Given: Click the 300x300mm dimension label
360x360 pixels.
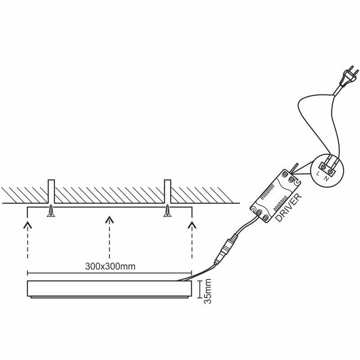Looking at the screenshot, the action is point(110,266).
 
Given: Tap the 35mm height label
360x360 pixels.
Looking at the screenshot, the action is point(207,291).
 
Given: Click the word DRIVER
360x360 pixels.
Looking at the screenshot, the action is point(288,207).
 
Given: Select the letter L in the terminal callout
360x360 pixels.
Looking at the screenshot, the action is point(318,173).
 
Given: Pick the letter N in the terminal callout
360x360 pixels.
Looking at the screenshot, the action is point(326,178).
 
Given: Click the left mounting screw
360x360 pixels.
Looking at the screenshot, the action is point(51,211).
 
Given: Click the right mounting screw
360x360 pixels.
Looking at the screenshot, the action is point(167,211).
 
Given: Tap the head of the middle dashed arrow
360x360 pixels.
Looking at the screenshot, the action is point(109,220).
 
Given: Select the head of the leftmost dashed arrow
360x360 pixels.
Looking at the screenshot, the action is point(27,225).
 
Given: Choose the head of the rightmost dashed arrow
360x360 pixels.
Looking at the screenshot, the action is point(192,225).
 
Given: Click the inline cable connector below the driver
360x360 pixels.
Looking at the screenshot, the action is point(226,248).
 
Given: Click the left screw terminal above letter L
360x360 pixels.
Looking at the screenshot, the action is point(324,166).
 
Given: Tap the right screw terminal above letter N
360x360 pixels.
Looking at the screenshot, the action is point(330,171).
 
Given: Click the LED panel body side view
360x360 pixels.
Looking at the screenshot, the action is point(109,289).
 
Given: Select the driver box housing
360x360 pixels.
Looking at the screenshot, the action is point(275,196).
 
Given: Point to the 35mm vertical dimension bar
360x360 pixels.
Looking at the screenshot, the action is point(200,289).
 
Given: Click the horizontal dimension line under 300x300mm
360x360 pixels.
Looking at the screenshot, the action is point(109,273).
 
